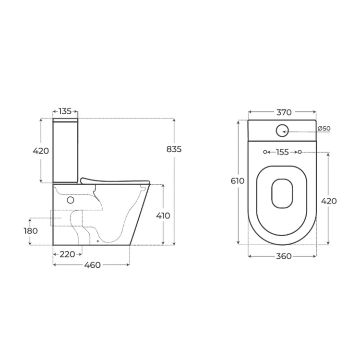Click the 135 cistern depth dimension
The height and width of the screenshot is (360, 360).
(65, 111)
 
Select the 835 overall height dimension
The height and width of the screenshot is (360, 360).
(174, 149)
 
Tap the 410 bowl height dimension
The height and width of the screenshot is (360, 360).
(163, 216)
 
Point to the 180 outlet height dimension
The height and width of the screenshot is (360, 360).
(31, 231)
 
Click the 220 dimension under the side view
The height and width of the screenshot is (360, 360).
(67, 254)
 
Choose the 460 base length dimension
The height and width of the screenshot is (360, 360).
(92, 265)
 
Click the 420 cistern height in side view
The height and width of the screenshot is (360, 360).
(41, 151)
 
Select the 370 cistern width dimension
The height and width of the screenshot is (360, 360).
(284, 112)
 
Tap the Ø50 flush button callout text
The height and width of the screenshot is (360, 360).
(324, 129)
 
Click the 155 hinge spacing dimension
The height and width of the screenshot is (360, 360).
(282, 152)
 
